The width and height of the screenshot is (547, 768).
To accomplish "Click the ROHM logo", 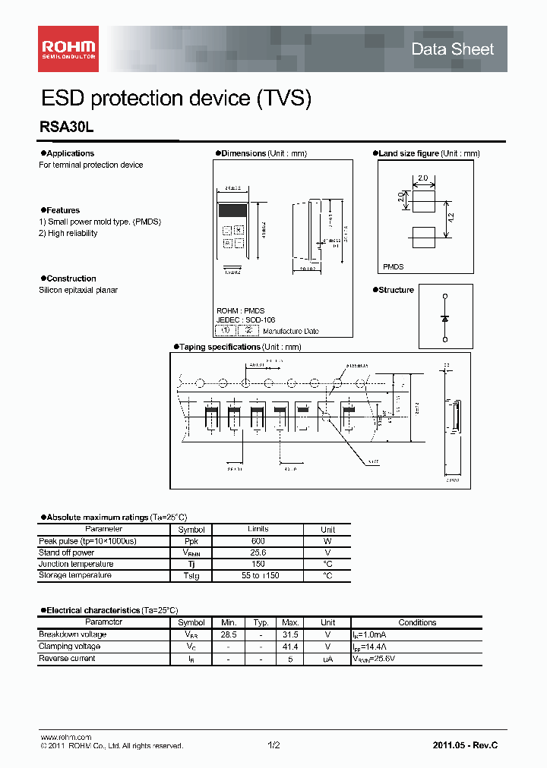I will click(x=68, y=49).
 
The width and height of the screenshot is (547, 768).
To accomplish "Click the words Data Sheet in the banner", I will click(x=452, y=49).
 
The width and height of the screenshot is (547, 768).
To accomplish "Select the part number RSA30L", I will click(x=66, y=128).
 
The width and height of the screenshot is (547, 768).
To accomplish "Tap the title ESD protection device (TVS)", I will click(x=175, y=98).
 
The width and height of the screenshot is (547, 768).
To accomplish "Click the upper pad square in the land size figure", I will click(x=422, y=200).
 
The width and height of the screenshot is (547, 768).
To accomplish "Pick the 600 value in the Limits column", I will click(x=258, y=541).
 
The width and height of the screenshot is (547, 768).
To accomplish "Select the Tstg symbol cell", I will click(x=191, y=576).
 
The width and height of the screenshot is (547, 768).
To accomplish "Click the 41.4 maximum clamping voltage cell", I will click(x=288, y=647).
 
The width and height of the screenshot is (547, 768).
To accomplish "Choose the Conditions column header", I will click(x=417, y=622).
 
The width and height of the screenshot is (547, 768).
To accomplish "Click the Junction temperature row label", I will click(x=76, y=564).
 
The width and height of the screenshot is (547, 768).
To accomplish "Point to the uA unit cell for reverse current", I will click(x=327, y=659).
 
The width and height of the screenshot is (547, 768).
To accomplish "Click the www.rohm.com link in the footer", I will click(x=65, y=737).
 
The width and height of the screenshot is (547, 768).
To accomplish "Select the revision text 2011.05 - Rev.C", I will click(x=465, y=745).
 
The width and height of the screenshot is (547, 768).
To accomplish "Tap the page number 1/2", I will click(x=273, y=745).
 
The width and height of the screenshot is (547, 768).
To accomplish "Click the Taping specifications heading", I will click(x=220, y=347).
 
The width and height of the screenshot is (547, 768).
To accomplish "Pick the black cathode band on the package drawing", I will click(x=232, y=209).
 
